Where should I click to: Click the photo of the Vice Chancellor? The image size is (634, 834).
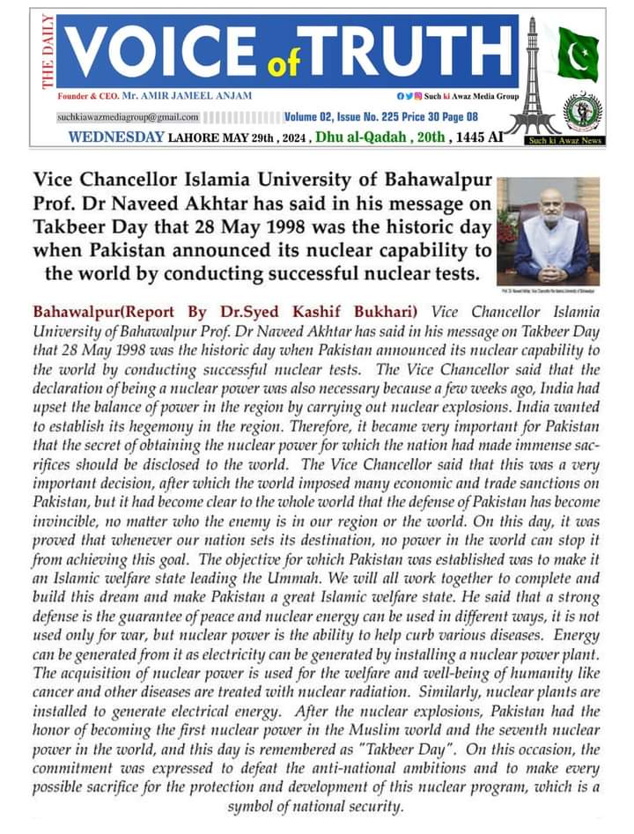pos(547,231)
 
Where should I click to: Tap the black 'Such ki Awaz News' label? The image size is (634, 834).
pos(564,140)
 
